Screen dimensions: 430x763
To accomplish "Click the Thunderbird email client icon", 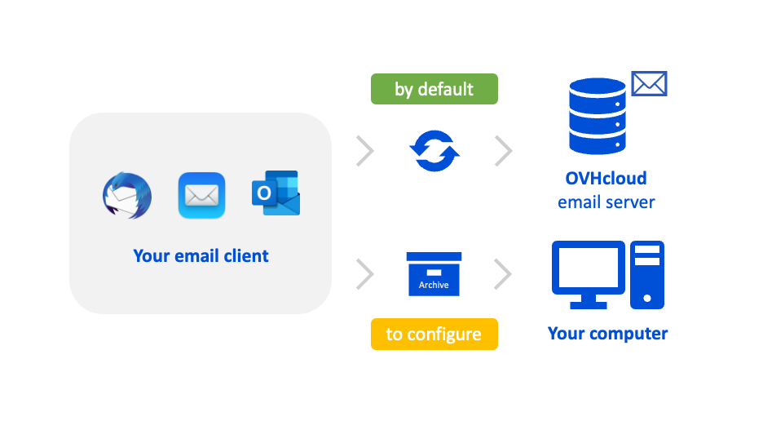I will click(126, 195).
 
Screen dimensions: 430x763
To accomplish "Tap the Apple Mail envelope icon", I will click(201, 196).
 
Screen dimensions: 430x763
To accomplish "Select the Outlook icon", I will click(276, 193).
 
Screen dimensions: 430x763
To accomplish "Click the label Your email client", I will click(201, 255).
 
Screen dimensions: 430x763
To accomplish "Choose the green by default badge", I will click(434, 89).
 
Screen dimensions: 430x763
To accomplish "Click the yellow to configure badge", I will click(434, 335).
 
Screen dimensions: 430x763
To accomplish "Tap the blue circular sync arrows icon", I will click(434, 149).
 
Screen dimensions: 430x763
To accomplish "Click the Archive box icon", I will click(434, 273).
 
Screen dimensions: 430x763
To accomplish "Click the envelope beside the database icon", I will click(649, 83).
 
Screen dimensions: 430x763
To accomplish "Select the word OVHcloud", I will click(606, 178).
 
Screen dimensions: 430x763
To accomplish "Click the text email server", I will click(606, 202).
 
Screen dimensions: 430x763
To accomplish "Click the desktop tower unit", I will click(647, 274).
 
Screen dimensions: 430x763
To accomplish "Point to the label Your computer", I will click(607, 333).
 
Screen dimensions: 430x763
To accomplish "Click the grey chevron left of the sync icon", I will click(365, 150).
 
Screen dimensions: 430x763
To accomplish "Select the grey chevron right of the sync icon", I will click(504, 150).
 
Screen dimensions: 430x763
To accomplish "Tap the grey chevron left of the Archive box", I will click(365, 274).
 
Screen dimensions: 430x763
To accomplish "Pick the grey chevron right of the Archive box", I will click(504, 274).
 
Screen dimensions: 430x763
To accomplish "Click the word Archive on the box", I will click(434, 285).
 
